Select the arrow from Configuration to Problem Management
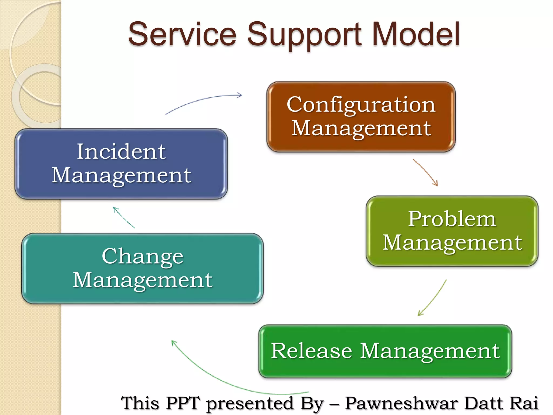tap(426, 172)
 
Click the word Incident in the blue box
tap(121, 152)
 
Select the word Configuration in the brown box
tap(361, 105)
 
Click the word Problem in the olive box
tap(452, 219)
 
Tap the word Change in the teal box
tap(143, 256)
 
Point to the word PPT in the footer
tap(183, 403)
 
